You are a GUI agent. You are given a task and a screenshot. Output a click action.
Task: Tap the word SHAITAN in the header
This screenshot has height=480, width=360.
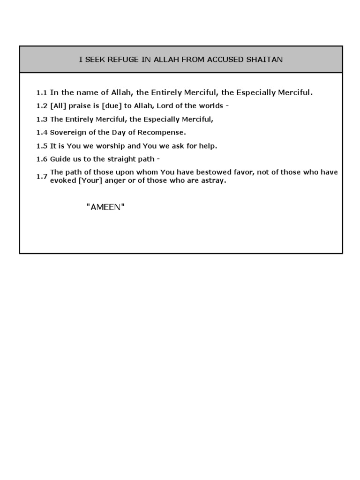pyautogui.click(x=266, y=60)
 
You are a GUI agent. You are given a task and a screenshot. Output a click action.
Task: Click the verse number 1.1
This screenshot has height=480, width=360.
pyautogui.click(x=42, y=93)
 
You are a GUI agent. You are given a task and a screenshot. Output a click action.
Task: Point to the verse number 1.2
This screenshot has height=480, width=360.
pyautogui.click(x=42, y=106)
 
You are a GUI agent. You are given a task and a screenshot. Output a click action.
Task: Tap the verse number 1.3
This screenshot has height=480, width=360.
pyautogui.click(x=42, y=119)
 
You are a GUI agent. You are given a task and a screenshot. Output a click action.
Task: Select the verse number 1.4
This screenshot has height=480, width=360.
pyautogui.click(x=42, y=133)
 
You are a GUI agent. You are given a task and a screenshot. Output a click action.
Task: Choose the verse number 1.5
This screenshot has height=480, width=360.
pyautogui.click(x=42, y=146)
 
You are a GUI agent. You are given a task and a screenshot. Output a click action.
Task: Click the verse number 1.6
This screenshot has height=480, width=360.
pyautogui.click(x=42, y=159)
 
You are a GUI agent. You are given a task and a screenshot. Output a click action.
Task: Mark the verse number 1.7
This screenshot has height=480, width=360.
pyautogui.click(x=42, y=176)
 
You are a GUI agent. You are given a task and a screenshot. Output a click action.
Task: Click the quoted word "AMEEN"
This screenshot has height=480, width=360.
pyautogui.click(x=105, y=207)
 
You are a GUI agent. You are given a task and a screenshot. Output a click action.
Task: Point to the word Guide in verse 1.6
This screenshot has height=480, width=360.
pyautogui.click(x=60, y=159)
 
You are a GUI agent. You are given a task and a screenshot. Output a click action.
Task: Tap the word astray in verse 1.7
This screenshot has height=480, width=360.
pyautogui.click(x=213, y=180)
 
